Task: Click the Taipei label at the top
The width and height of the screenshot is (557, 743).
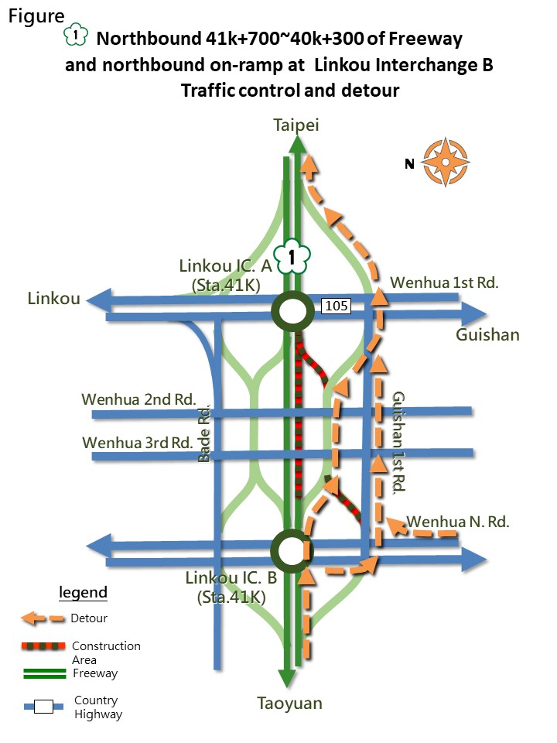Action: [296, 125]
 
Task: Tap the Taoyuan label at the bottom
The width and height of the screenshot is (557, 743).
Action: [289, 704]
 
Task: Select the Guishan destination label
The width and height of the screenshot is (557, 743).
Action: [487, 335]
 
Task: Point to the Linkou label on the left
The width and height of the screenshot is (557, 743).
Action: [54, 299]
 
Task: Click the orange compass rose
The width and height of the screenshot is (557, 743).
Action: [446, 163]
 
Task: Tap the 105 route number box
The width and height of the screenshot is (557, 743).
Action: [337, 306]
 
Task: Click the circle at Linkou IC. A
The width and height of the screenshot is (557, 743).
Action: [292, 312]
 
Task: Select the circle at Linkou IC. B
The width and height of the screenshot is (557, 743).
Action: [291, 550]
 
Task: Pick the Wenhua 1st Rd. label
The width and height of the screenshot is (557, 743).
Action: [445, 282]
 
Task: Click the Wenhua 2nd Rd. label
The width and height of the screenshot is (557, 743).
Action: [138, 399]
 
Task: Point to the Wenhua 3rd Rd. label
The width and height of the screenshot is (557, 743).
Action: [138, 443]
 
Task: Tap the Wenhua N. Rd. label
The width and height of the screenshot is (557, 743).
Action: [458, 522]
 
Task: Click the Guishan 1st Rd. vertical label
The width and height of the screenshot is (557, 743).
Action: [399, 442]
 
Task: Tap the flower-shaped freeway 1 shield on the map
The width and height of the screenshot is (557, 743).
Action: [292, 257]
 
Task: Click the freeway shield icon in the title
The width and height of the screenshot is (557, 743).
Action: [75, 37]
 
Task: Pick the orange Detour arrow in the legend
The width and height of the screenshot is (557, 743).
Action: [42, 618]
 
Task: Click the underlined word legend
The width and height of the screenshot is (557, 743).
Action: [84, 593]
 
